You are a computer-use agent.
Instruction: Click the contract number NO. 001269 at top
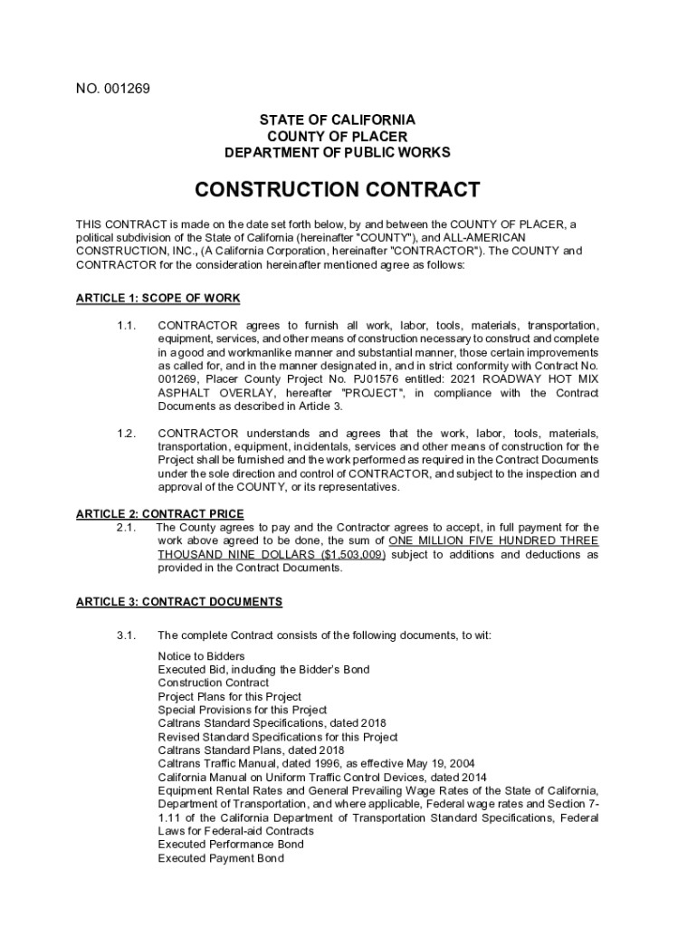click(x=113, y=89)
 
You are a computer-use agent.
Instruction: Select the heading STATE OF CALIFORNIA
click(x=338, y=119)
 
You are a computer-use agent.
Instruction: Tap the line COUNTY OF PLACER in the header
click(x=338, y=136)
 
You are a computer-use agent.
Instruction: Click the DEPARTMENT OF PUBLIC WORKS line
click(x=338, y=153)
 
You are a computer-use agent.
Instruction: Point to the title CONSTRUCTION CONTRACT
click(x=338, y=190)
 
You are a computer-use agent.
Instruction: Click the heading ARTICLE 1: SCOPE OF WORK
click(x=158, y=299)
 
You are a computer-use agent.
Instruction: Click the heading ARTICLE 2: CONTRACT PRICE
click(x=159, y=514)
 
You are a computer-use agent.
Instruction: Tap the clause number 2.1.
click(x=126, y=527)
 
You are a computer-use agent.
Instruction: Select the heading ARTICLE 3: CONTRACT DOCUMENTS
click(x=179, y=601)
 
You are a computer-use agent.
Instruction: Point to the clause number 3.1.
click(x=126, y=636)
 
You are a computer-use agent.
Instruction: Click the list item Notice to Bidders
click(x=201, y=655)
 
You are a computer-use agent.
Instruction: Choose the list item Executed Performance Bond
click(x=231, y=845)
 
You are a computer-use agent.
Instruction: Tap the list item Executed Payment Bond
click(x=220, y=858)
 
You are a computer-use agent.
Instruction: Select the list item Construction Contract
click(x=213, y=683)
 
